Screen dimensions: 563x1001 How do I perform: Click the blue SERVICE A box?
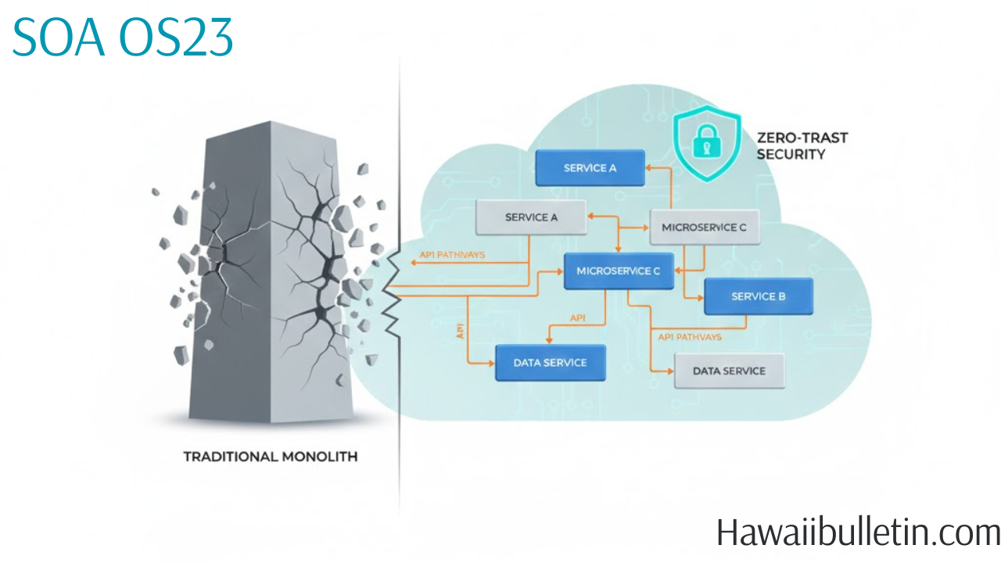point(590,168)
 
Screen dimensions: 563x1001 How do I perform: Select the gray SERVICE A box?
point(531,217)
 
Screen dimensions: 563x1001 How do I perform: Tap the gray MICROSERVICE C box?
point(705,228)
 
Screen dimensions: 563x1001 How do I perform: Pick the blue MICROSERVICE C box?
point(619,271)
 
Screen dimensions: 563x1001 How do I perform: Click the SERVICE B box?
point(758,296)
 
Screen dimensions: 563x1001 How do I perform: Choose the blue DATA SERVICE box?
point(550,363)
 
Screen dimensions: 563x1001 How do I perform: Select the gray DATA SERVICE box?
point(729,371)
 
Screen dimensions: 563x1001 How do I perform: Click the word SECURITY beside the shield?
point(791,154)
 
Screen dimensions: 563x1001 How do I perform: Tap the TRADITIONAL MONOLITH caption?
point(270,456)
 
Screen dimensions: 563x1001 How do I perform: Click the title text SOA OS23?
point(123,37)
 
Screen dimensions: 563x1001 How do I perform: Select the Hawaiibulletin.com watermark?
point(858,533)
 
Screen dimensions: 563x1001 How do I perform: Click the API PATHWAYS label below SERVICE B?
point(690,337)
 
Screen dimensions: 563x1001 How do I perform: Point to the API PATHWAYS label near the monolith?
point(452,255)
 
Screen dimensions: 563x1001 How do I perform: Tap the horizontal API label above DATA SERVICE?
point(578,318)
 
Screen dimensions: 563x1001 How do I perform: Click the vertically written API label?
point(460,331)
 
